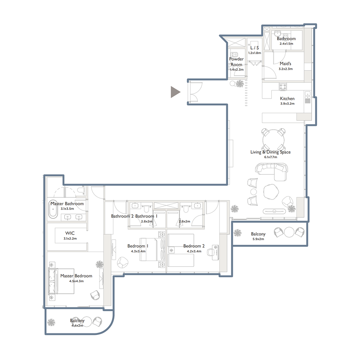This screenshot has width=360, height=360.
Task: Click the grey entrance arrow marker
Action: (175, 92)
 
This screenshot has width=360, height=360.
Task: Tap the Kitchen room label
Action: (287, 99)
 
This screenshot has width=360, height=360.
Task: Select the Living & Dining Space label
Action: (270, 152)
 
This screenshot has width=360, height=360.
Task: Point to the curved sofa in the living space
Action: (271, 170)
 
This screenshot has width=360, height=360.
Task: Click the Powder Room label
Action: (236, 62)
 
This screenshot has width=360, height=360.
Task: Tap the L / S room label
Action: (254, 47)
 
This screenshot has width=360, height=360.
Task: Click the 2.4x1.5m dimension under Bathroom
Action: (286, 44)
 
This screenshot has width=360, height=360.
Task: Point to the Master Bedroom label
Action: (76, 276)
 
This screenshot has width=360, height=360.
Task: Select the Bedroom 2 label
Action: (194, 246)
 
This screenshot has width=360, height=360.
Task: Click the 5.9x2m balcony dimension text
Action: (258, 239)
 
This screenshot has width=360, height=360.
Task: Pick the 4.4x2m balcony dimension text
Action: (77, 325)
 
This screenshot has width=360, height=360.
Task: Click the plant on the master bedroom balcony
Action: (52, 322)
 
